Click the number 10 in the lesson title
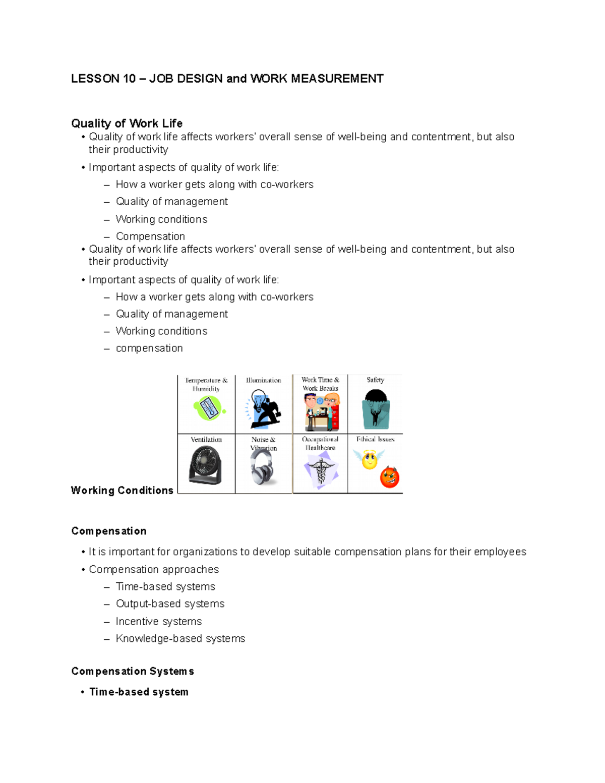[x=129, y=79]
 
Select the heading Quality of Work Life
[x=127, y=124]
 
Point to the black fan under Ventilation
[x=206, y=465]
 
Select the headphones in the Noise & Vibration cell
[x=263, y=467]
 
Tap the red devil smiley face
[x=389, y=477]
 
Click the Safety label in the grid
[x=375, y=380]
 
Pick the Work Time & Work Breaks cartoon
[x=321, y=411]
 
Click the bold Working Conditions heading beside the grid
[x=122, y=491]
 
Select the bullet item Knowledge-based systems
[x=180, y=639]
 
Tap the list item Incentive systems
[x=158, y=622]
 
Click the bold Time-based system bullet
[x=139, y=692]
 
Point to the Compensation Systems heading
[x=133, y=672]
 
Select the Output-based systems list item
[x=170, y=604]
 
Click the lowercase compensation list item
[x=149, y=348]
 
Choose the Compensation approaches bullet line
[x=154, y=570]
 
